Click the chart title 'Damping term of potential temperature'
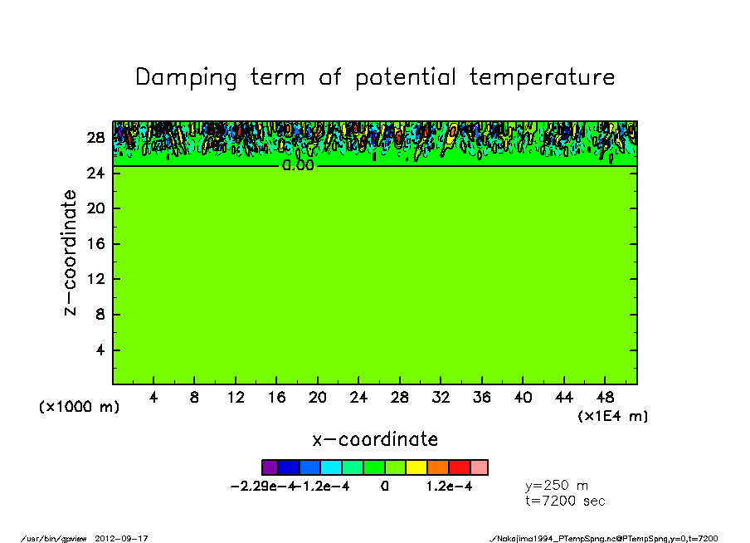(375, 77)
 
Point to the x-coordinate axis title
(375, 439)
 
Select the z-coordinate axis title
(71, 252)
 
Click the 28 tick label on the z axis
(95, 138)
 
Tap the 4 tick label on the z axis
(99, 350)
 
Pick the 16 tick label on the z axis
(95, 244)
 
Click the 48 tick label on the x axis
(605, 398)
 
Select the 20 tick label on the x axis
(318, 398)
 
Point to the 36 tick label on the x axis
(481, 398)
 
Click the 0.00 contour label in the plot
(298, 166)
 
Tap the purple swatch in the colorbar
(270, 467)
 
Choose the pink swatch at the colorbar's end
(479, 467)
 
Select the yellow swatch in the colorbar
(416, 467)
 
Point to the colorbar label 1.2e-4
(449, 487)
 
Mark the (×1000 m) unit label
(80, 408)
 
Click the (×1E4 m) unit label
(613, 416)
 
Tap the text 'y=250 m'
(558, 486)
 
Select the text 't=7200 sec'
(566, 501)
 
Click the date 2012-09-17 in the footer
(128, 539)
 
